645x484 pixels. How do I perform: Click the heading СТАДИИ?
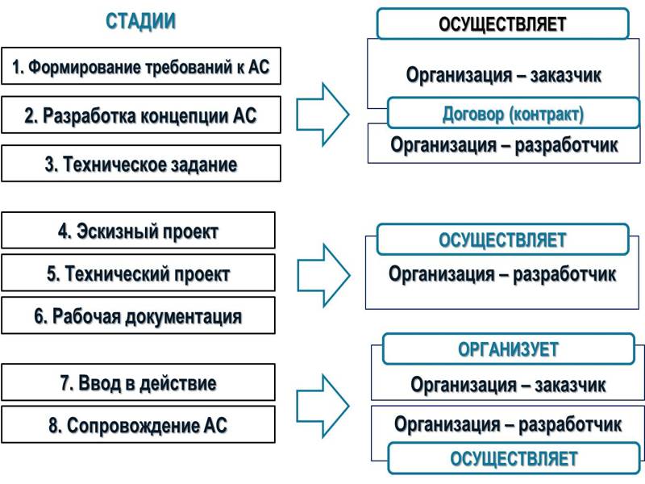coord(141,22)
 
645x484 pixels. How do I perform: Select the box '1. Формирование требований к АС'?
coord(141,67)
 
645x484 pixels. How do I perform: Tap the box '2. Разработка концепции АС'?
coord(141,115)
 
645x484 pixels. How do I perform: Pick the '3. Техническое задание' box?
coord(141,164)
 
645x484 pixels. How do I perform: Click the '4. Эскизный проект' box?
coord(138,231)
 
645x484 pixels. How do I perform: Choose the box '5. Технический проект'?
coord(138,273)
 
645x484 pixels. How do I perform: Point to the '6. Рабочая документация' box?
coord(138,315)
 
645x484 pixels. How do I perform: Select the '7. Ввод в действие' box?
coord(138,382)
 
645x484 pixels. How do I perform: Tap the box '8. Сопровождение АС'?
coord(138,425)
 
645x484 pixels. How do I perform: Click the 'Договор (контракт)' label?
coord(513,114)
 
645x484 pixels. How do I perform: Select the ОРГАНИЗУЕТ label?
coord(508,349)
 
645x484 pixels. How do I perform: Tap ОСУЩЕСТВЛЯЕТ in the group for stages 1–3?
coord(502,24)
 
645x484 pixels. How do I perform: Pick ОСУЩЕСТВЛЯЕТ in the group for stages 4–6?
coord(502,240)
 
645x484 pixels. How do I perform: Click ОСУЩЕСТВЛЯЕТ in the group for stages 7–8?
coord(514,459)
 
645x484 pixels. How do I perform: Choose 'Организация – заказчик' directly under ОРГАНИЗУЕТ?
coord(508,385)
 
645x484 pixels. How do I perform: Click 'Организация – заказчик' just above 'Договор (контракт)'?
coord(504,75)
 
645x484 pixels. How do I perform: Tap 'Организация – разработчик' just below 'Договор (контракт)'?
coord(504,145)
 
